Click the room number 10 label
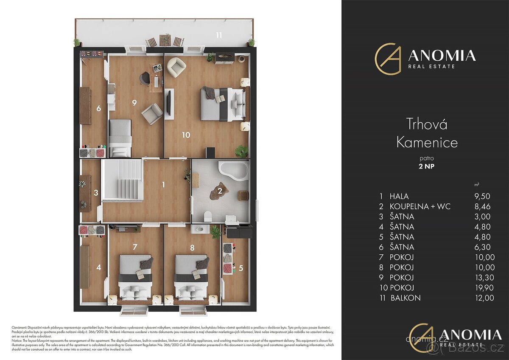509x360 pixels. click(186, 135)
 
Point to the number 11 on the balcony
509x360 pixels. click(218, 35)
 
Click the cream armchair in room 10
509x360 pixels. click(176, 67)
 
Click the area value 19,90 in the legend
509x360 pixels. click(484, 288)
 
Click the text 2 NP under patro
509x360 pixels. click(427, 166)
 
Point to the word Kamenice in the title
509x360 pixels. click(427, 142)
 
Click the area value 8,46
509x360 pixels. click(485, 206)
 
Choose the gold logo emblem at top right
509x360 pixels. click(388, 59)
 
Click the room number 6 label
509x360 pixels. click(98, 108)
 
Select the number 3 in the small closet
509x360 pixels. click(96, 192)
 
